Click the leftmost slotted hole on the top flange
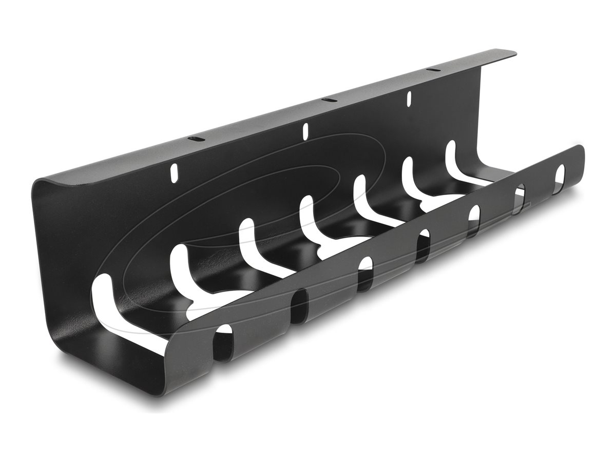(195, 139)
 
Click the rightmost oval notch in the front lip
(560, 176)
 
